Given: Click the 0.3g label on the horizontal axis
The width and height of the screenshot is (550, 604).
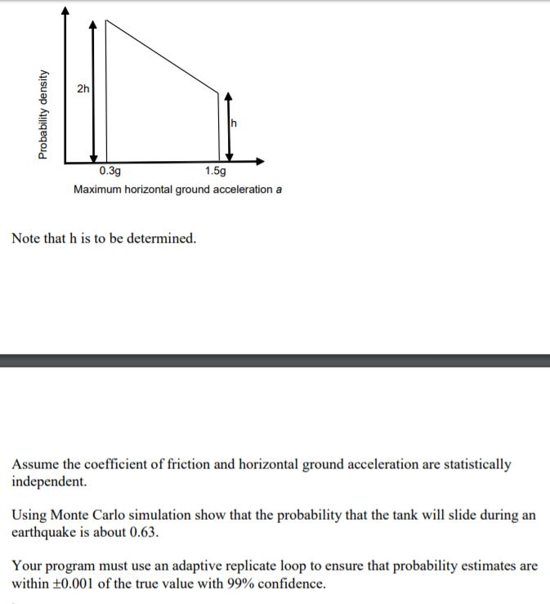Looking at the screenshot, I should (x=110, y=172).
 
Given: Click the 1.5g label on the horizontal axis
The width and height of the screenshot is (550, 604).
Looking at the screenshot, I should (x=217, y=172).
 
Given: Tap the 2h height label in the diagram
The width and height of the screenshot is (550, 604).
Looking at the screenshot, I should (x=83, y=87).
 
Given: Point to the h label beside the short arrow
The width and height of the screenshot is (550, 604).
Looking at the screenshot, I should (x=235, y=123).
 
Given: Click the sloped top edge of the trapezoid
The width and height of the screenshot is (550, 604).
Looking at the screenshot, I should (x=163, y=56).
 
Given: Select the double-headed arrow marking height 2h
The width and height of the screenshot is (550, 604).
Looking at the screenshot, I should (x=93, y=90).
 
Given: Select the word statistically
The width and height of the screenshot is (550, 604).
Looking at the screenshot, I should (x=474, y=464).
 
